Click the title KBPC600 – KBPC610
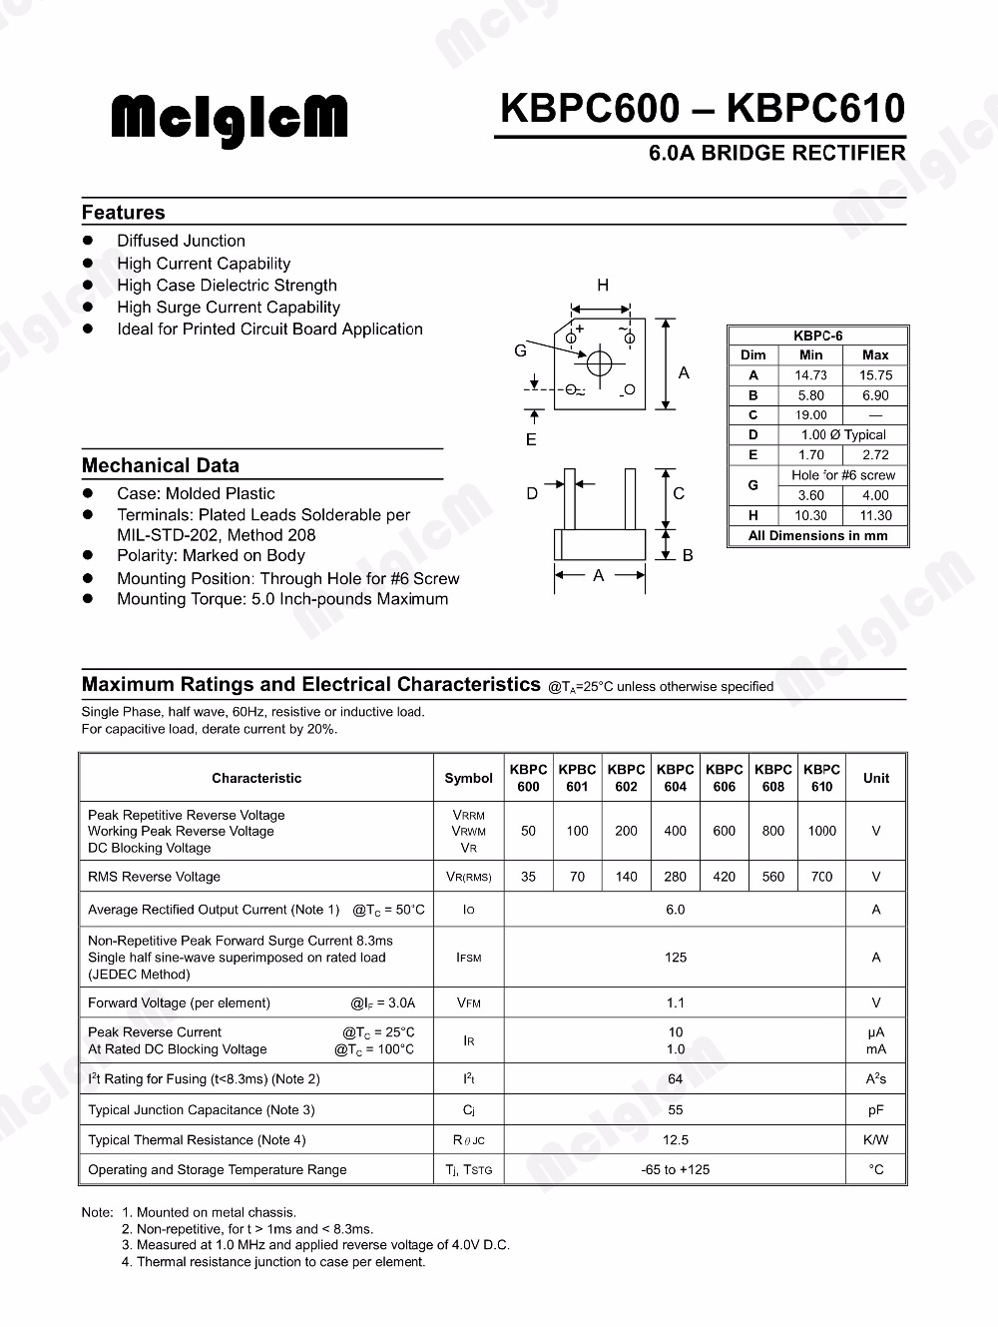(702, 108)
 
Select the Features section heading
(123, 213)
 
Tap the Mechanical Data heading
(160, 465)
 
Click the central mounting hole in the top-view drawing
(599, 363)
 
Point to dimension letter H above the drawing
(602, 286)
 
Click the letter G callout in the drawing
(520, 350)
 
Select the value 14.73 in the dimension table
(810, 375)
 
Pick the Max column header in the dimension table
(874, 354)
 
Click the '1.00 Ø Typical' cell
(843, 434)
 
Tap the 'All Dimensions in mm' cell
(817, 535)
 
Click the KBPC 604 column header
(675, 778)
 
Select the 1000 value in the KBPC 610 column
(821, 831)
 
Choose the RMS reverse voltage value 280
(675, 877)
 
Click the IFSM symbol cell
(468, 958)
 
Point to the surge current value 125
(675, 958)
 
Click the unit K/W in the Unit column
(875, 1139)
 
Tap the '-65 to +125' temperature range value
(675, 1169)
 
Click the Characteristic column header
(256, 778)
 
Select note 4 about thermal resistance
(273, 1261)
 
